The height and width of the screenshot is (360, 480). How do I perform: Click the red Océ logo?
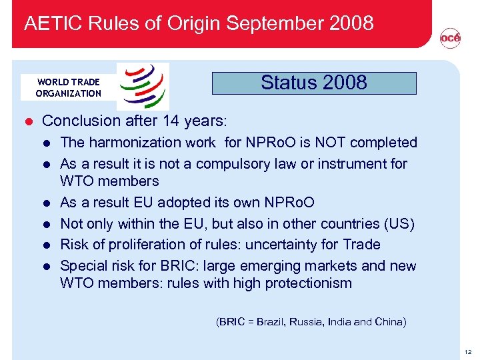tap(450, 39)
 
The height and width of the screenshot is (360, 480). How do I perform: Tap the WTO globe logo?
tap(143, 86)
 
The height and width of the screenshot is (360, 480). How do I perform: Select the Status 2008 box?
tap(314, 83)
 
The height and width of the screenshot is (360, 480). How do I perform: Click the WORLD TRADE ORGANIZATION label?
tap(68, 87)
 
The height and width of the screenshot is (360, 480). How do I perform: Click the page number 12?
tap(468, 351)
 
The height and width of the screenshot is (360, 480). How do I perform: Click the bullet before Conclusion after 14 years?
tap(29, 121)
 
